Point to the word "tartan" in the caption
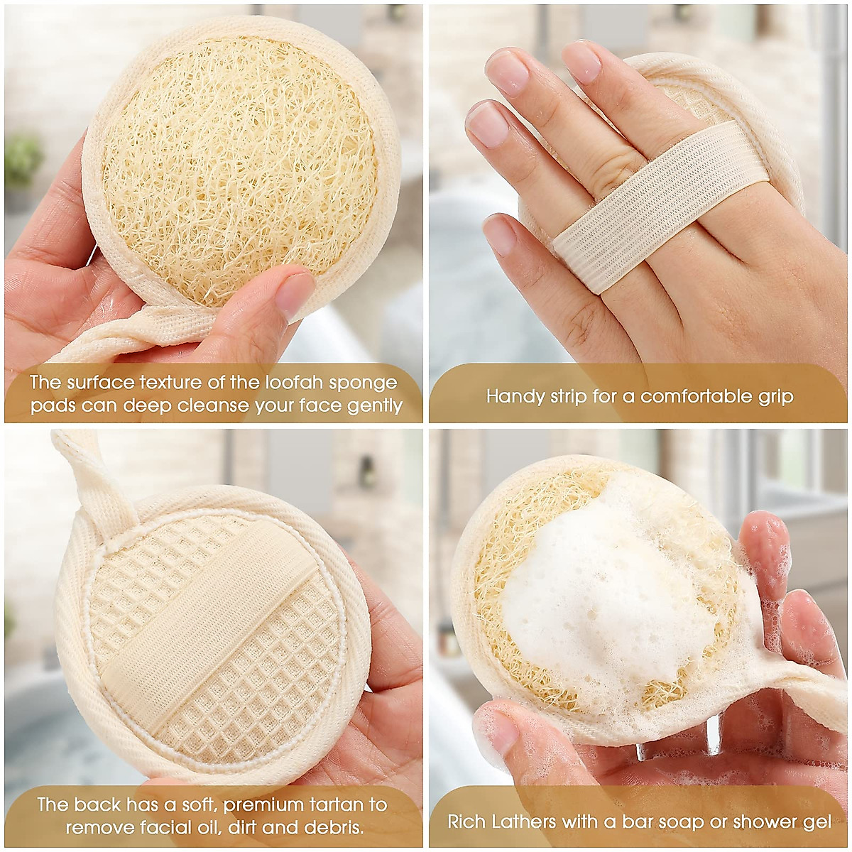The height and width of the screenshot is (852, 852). [349, 804]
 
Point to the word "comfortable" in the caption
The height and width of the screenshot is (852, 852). [694, 396]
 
